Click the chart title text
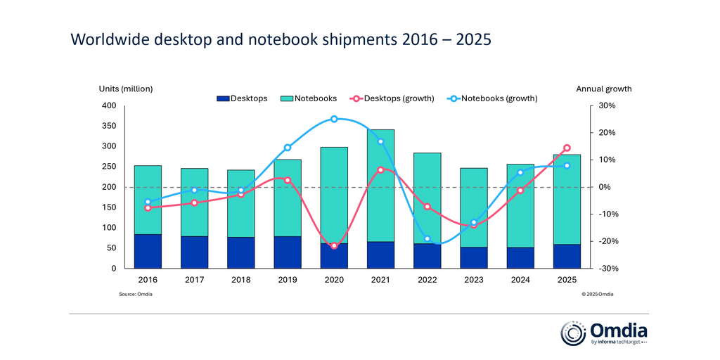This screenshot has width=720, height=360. pos(281,40)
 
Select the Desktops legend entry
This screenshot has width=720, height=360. pos(242,98)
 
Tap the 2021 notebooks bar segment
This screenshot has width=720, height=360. pos(380,185)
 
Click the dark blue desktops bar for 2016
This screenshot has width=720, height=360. pos(148,251)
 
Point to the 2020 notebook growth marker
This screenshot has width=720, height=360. pos(334,119)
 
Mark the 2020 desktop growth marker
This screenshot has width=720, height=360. pos(334,245)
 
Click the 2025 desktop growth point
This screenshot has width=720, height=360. pos(567,148)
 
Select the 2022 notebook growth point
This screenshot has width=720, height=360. pos(427,238)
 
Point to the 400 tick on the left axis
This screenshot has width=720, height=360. pos(108,106)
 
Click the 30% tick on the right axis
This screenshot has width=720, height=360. pos(607,106)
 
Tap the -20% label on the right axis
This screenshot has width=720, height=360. pos(607,241)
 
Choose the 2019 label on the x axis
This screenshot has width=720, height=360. pos(288,279)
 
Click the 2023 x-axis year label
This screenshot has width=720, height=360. pos(474,279)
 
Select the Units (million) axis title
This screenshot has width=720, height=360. pos(125,89)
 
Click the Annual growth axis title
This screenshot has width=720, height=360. pos(603,89)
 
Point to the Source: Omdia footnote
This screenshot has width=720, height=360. pos(136,294)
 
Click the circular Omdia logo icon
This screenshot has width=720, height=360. pos(572,333)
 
